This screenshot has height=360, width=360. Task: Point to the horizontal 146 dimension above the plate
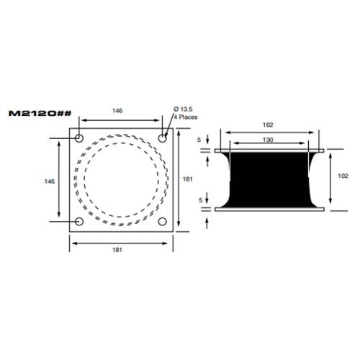117,111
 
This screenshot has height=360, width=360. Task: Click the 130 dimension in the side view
269,139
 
